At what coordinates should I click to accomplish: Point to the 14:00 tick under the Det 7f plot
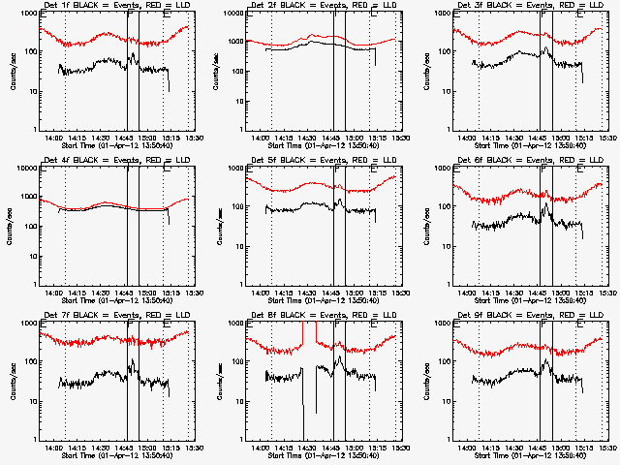[53, 447]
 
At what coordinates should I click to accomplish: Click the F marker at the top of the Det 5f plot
[336, 170]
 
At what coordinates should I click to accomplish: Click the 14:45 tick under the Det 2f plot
[332, 137]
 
